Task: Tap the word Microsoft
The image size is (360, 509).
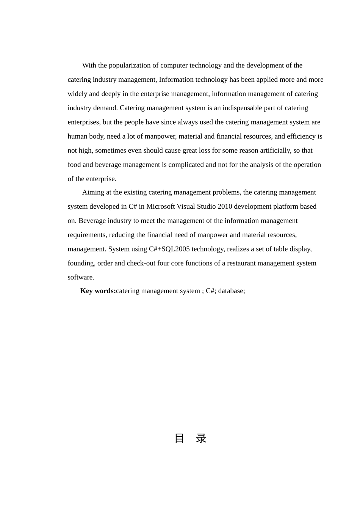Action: tap(161, 206)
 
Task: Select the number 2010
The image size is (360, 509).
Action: tap(225, 206)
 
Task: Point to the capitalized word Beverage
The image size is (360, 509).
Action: tap(92, 221)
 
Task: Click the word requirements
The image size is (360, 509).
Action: tap(87, 235)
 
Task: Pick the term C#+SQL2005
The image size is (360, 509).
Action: tap(169, 249)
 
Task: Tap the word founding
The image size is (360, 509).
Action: tap(81, 263)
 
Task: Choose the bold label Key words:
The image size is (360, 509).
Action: tap(98, 291)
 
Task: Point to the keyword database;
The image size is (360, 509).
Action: tap(232, 291)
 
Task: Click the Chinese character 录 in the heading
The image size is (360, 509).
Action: tap(201, 439)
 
